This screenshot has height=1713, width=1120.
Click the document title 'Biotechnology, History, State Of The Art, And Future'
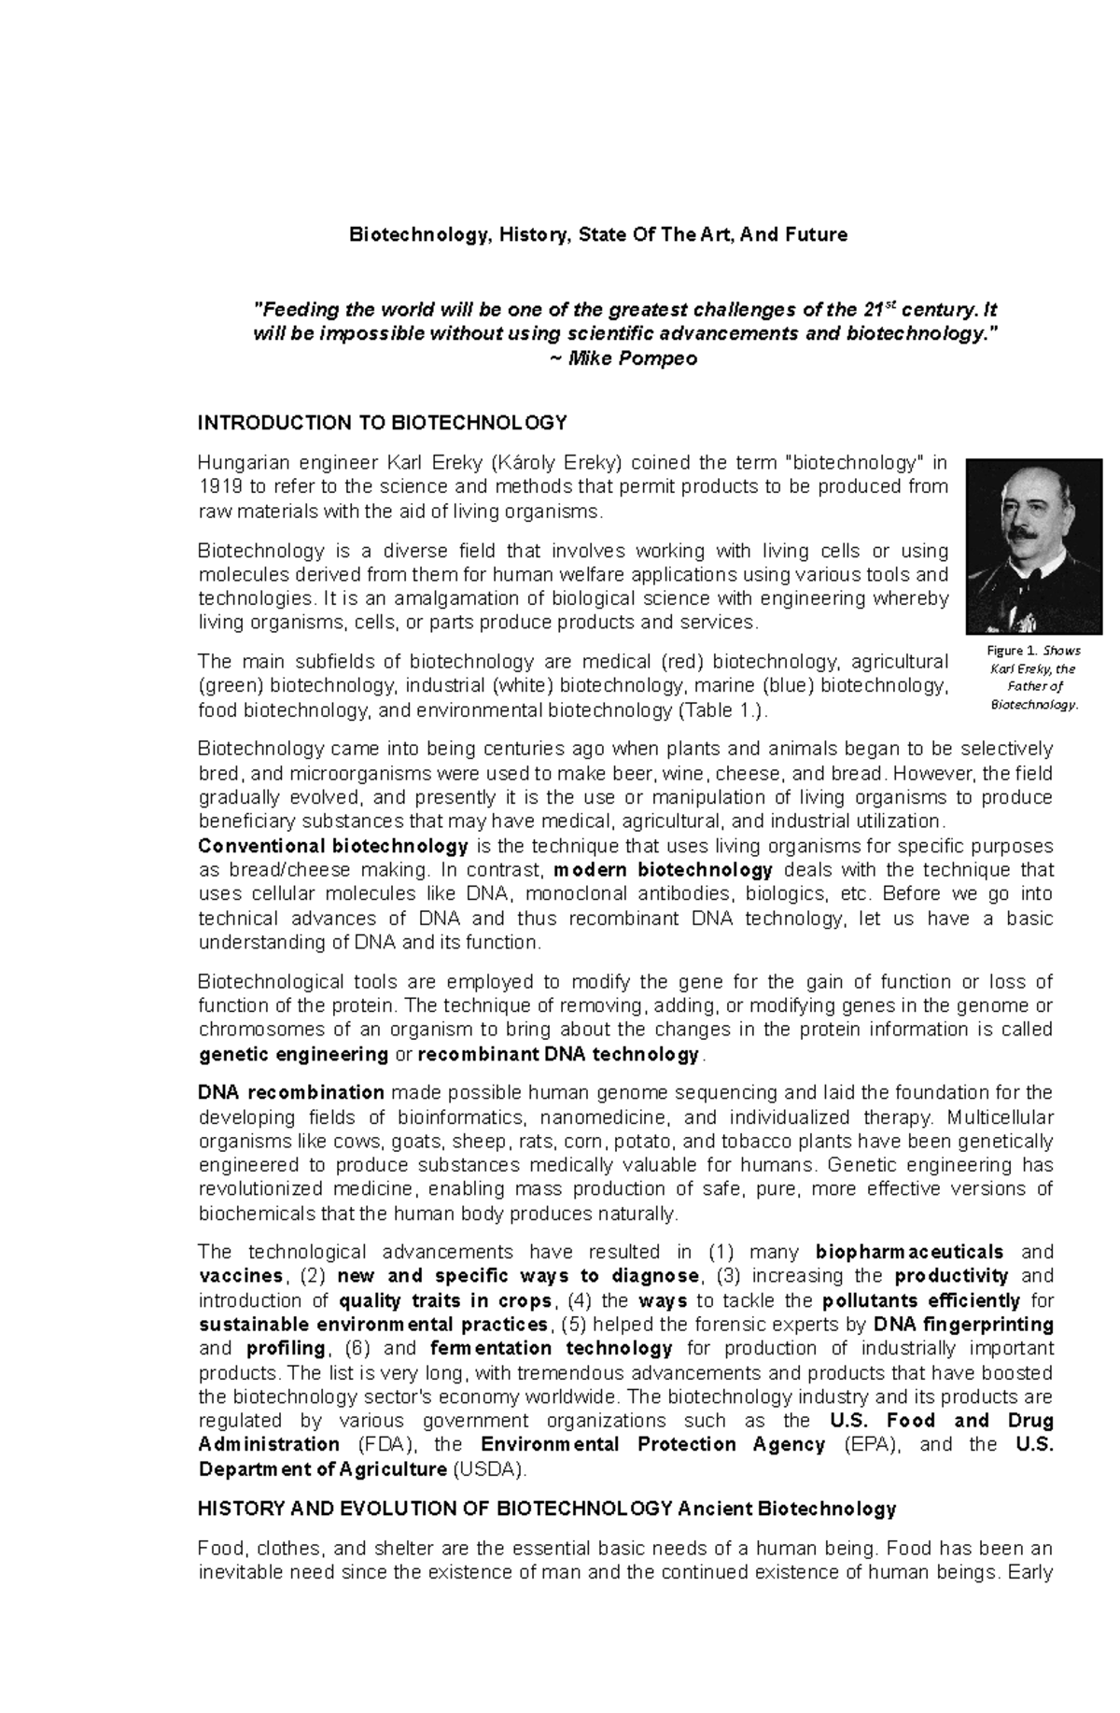click(598, 235)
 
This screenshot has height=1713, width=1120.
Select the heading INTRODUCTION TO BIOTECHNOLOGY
click(382, 423)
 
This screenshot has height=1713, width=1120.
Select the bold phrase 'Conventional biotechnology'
click(333, 847)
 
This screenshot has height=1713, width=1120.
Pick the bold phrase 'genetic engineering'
click(294, 1055)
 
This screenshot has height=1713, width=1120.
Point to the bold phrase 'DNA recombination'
click(291, 1093)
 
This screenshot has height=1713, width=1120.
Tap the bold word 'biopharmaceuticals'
click(910, 1252)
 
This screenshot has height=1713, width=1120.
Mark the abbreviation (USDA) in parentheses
click(488, 1469)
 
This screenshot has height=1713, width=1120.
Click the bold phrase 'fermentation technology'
click(552, 1349)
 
